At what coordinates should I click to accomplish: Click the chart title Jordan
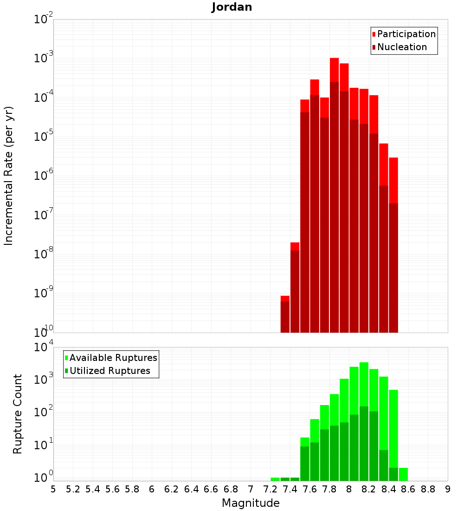[232, 7]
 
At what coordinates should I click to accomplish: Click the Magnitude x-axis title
[251, 503]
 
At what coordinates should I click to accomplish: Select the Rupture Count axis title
[18, 414]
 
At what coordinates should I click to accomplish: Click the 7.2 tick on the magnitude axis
[270, 489]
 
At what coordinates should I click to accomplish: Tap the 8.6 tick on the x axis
[408, 489]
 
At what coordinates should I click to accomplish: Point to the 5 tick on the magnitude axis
[53, 489]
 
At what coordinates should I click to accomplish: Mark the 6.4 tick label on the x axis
[191, 489]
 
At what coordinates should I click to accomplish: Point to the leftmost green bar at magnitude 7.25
[275, 479]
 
